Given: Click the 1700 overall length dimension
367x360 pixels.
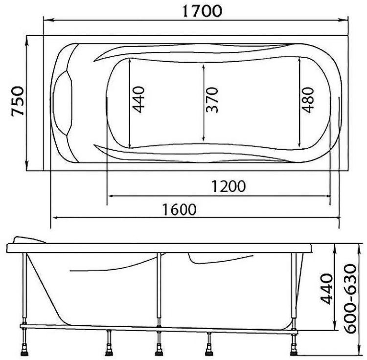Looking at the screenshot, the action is pos(202,11).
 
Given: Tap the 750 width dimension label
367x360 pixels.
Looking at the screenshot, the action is pos(18,101).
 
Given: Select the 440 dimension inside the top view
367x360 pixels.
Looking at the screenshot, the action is pos(138,100).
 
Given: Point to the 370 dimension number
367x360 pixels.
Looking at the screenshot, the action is pos(212,100).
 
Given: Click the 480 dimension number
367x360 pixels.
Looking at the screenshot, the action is pos(308,100).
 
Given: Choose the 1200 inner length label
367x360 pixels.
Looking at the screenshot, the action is pos(229,186).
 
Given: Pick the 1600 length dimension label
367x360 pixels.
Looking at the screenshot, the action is pos(179,209).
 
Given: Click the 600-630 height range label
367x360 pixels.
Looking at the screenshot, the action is pos(351,298).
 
